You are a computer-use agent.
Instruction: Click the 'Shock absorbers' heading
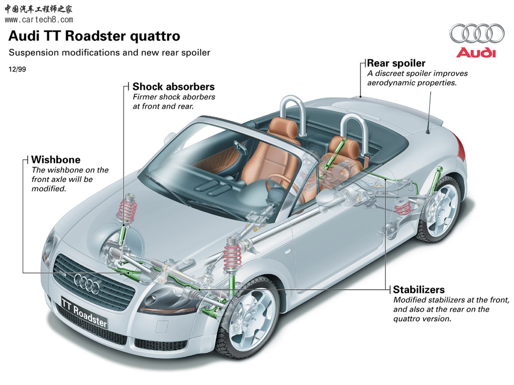click(173, 87)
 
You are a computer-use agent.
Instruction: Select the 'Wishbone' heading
click(56, 160)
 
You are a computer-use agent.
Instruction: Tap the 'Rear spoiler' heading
click(396, 63)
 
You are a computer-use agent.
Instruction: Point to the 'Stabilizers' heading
click(419, 290)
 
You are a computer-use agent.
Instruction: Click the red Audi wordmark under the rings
click(476, 53)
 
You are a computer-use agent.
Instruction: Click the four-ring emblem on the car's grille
click(87, 283)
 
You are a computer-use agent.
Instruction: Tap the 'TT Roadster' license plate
click(84, 311)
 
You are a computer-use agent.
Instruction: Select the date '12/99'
click(17, 70)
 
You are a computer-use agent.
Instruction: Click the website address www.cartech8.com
click(39, 20)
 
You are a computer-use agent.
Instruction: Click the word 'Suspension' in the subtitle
click(33, 53)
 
